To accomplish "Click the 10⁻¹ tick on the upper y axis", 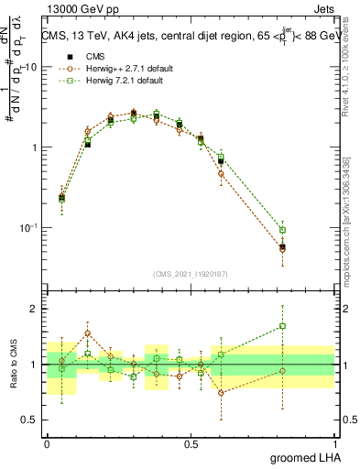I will (28, 227).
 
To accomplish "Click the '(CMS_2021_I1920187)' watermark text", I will (190, 273).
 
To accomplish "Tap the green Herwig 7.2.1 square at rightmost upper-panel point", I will (283, 230).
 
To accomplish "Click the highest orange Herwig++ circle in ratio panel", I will (88, 333).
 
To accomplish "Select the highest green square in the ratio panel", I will (283, 325).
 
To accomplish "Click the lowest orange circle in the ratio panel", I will (221, 392).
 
